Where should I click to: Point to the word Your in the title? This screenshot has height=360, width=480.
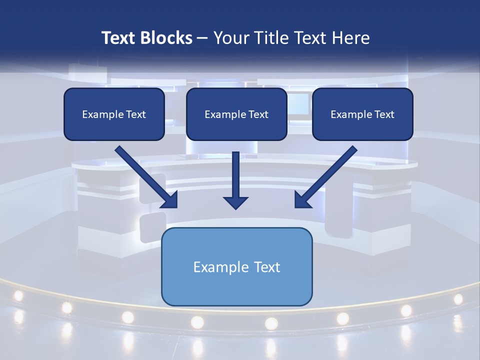click(x=230, y=38)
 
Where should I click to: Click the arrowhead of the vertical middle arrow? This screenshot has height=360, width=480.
click(x=236, y=202)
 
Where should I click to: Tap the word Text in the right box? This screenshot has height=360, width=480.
click(x=384, y=114)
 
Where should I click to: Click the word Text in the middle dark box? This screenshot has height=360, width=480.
click(x=258, y=114)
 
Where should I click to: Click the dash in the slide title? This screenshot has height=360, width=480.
click(x=202, y=38)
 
